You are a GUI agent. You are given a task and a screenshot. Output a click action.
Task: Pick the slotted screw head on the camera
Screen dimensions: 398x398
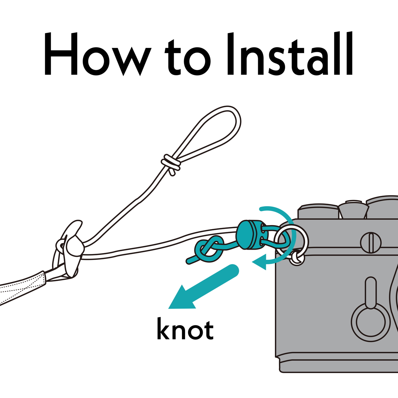pyautogui.click(x=371, y=243)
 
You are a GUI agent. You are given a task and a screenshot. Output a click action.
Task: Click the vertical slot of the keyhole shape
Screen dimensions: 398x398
pyautogui.click(x=371, y=293)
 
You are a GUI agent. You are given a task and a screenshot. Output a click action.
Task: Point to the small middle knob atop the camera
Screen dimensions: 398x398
pyautogui.click(x=354, y=209)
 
